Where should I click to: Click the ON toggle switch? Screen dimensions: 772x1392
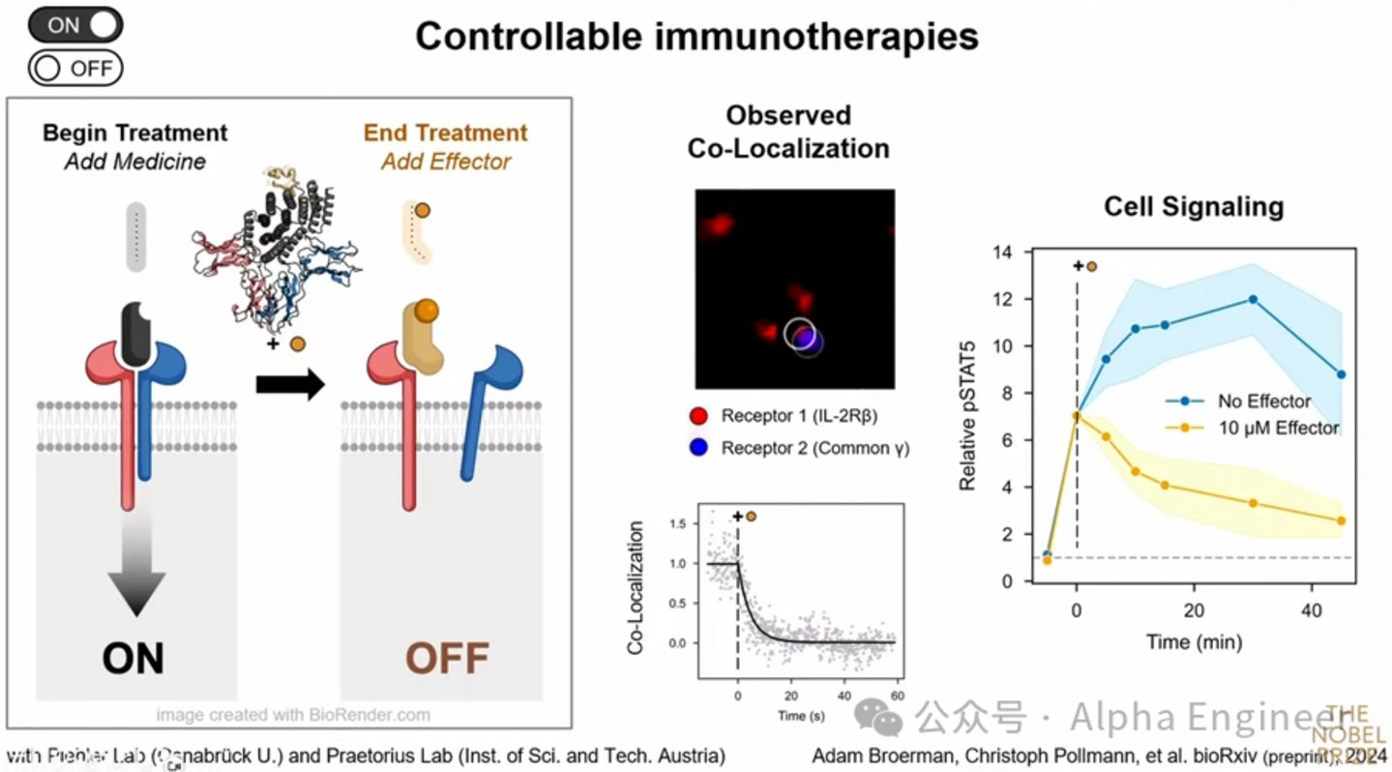click(75, 25)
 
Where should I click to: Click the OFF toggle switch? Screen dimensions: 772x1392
click(75, 69)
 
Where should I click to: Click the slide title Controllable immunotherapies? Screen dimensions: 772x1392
click(696, 37)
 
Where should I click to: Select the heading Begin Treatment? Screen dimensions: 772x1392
click(134, 133)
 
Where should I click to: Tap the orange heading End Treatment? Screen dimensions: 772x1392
click(445, 133)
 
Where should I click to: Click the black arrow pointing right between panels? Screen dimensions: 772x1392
click(289, 385)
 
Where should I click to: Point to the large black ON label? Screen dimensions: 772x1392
click(133, 658)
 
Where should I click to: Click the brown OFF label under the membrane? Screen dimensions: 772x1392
click(447, 658)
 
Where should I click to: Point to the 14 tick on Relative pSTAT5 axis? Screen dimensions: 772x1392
click(1003, 252)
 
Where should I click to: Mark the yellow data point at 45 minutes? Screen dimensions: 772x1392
click(1341, 520)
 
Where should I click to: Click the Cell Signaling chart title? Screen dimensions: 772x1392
click(1194, 206)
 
